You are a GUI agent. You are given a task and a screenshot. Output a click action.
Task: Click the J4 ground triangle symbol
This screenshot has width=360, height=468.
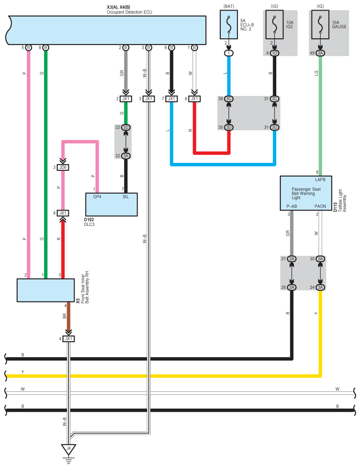68,449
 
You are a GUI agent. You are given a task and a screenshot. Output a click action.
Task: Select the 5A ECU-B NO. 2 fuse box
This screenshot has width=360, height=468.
229,25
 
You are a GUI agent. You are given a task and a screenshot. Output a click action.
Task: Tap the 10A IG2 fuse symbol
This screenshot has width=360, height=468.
274,25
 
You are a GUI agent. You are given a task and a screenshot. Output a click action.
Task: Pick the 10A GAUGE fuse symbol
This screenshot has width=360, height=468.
320,25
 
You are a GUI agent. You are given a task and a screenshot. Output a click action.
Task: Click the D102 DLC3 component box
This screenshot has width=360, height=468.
111,204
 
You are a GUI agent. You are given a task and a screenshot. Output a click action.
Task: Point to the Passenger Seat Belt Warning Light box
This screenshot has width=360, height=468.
306,193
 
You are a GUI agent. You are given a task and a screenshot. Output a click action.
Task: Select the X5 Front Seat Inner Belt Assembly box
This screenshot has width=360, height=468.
46,290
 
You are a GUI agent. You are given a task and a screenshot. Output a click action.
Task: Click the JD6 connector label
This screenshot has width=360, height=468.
63,167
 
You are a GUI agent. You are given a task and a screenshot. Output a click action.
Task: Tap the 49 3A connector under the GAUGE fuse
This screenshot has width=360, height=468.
320,53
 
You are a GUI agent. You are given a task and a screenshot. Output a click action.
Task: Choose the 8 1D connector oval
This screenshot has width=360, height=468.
274,53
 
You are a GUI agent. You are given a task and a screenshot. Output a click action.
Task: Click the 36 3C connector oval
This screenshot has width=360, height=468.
229,99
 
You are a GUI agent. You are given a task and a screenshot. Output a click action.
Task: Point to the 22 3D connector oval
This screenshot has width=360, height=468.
126,127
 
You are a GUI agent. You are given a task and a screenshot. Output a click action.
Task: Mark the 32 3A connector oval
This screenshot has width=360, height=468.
126,156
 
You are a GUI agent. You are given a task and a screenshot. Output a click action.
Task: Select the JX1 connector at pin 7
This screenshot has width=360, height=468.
171,99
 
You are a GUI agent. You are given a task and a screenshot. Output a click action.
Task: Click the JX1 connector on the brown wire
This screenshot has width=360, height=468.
68,339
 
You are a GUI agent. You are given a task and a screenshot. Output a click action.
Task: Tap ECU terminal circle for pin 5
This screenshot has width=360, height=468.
28,48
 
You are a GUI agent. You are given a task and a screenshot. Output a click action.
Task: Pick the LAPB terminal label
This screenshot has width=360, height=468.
320,180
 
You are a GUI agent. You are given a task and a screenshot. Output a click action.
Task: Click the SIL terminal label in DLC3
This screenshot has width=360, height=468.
126,197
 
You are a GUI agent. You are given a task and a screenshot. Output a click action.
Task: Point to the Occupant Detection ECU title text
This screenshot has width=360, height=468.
130,12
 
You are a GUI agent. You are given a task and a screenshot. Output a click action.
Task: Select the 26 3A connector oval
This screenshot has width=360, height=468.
292,287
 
